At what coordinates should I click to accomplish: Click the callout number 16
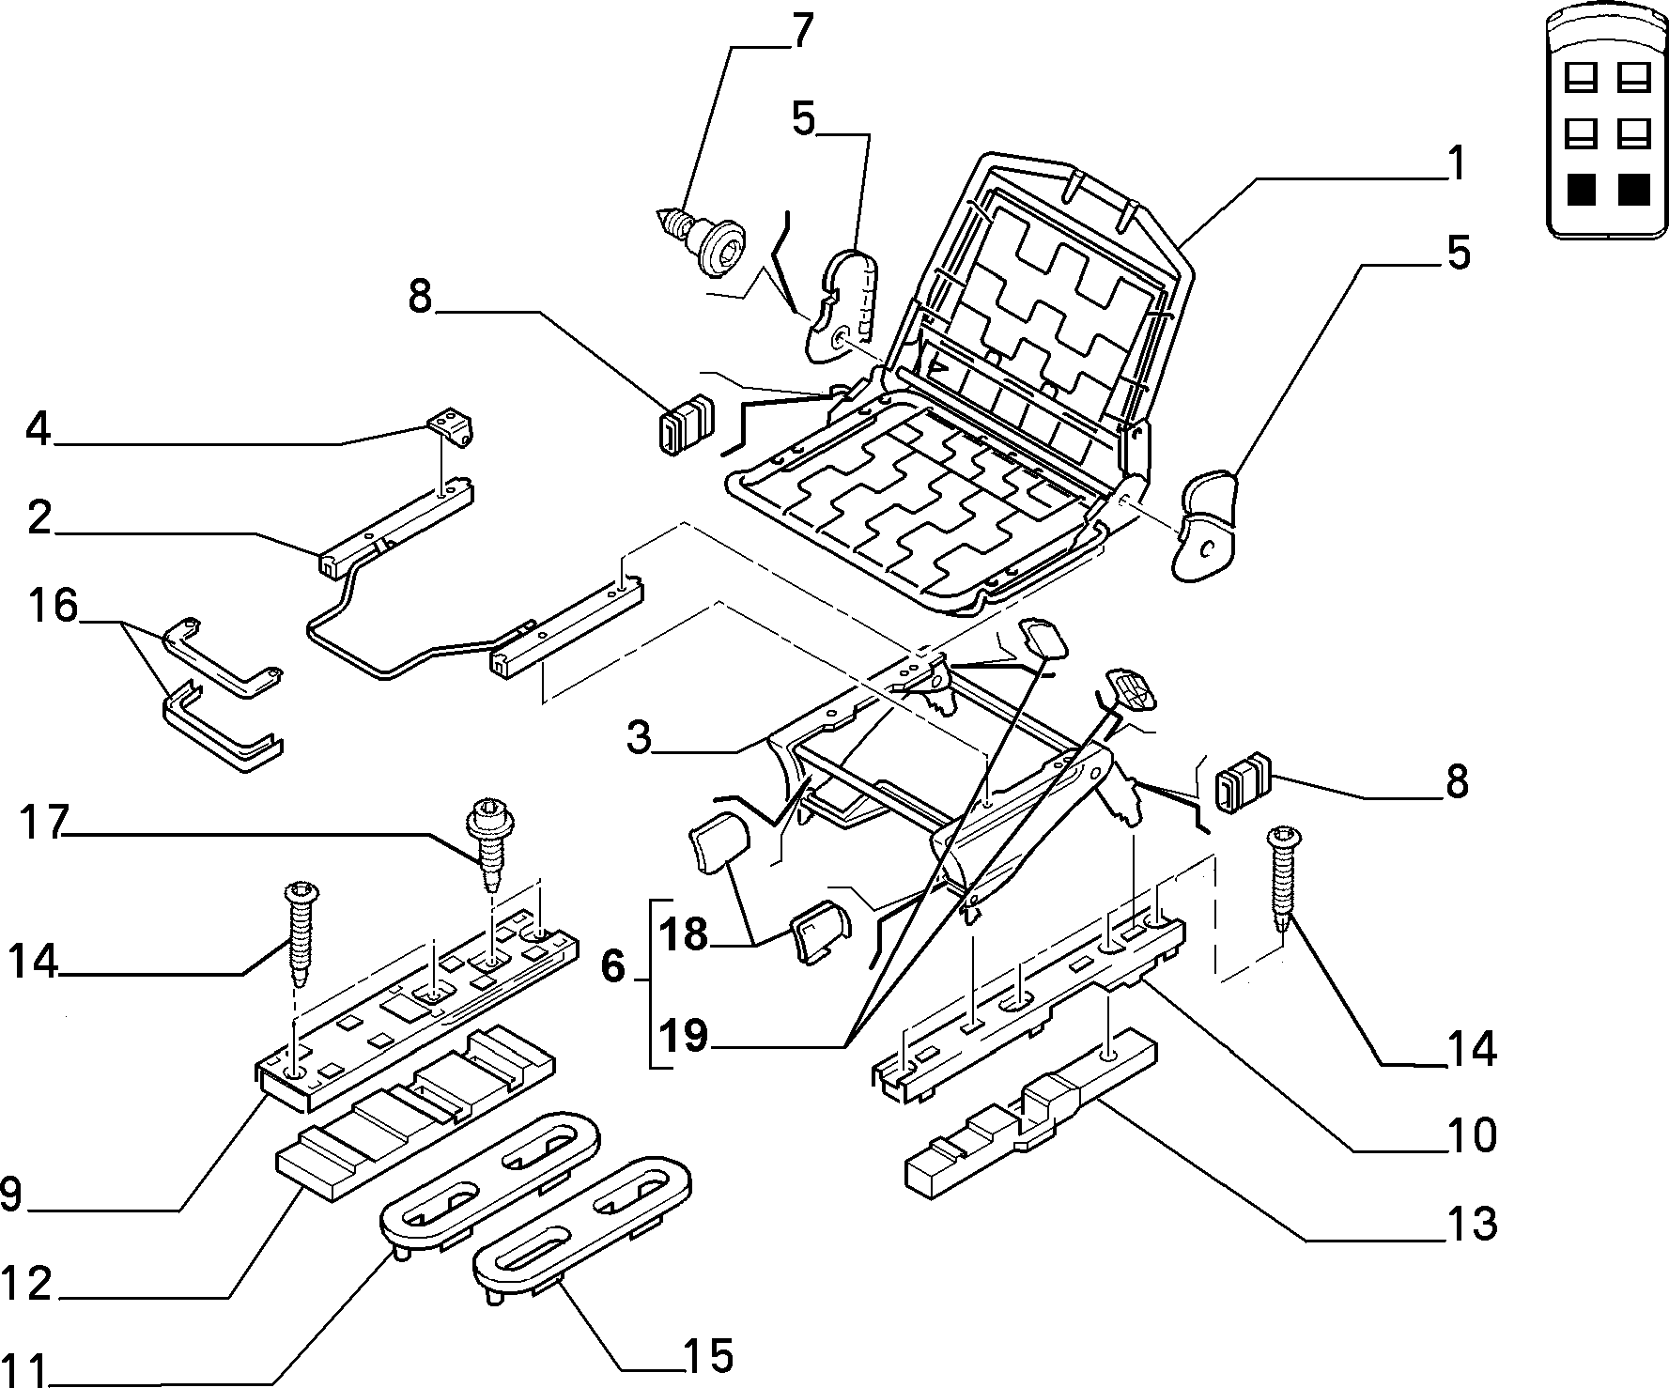click(53, 607)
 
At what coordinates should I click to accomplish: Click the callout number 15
click(708, 1355)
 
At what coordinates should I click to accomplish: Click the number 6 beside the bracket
click(612, 966)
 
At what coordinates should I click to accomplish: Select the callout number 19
click(682, 1038)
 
